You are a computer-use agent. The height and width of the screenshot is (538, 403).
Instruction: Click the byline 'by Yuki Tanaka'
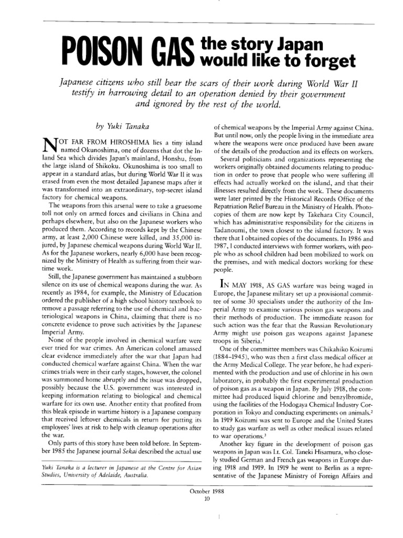116,127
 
